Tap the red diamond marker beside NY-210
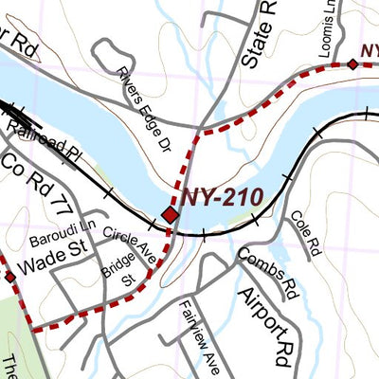(x=171, y=215)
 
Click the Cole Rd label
(x=303, y=233)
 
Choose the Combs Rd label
(x=269, y=268)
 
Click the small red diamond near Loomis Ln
(x=352, y=64)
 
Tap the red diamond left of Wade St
(x=9, y=277)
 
